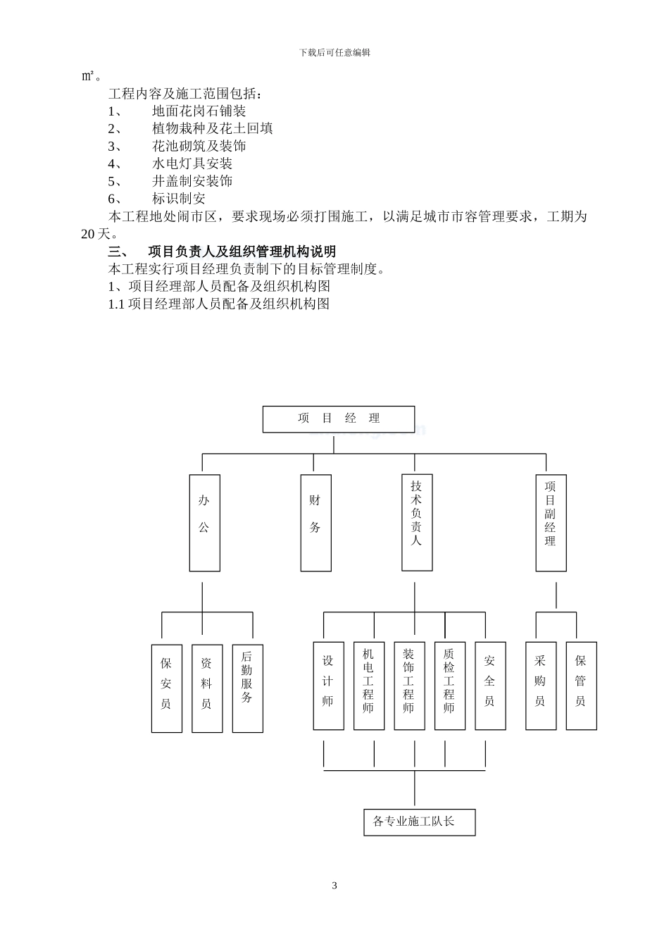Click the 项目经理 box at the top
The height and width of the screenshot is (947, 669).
point(338,419)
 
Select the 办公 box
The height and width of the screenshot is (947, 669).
point(204,522)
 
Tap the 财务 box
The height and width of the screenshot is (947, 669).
point(315,522)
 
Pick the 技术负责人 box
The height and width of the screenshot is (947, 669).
point(417,522)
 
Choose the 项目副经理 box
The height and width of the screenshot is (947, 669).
point(551,522)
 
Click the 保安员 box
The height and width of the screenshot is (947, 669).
point(167,688)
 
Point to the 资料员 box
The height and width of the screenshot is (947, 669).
point(207,688)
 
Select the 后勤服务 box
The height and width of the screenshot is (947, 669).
point(247,688)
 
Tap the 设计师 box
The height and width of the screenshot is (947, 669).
point(328,685)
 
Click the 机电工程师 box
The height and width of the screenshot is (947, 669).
point(369,685)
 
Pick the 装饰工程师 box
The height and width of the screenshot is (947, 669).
point(409,685)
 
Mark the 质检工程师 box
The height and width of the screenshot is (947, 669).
point(449,685)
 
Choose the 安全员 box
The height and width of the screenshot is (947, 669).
point(490,685)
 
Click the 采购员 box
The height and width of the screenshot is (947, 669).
point(541,685)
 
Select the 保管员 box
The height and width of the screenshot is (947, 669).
point(581,685)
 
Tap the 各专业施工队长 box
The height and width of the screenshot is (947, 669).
point(419,822)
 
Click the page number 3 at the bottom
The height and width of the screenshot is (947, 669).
point(334,886)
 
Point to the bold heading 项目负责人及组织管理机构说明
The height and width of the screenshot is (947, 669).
point(242,252)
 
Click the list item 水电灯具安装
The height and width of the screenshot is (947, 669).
point(192,163)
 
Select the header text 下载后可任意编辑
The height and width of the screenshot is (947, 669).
point(334,52)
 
